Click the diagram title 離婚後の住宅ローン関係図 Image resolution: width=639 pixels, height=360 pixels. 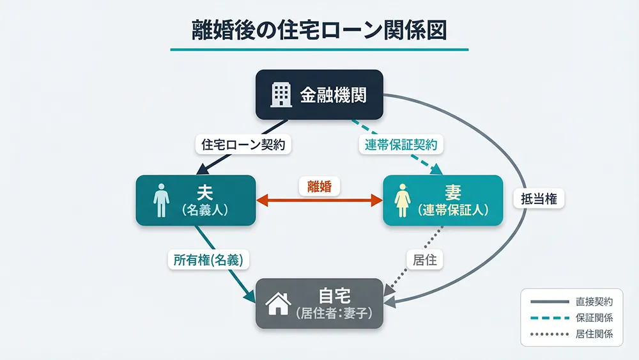[319, 31]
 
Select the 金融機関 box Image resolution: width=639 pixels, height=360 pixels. [319, 95]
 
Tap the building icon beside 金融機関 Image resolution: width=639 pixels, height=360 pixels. [281, 95]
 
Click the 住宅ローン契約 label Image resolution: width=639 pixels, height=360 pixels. [243, 145]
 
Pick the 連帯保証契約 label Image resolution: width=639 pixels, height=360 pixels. [401, 145]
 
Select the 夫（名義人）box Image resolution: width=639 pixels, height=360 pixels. [196, 200]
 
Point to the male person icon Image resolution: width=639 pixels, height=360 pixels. [160, 201]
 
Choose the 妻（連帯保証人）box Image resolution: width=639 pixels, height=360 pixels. [443, 200]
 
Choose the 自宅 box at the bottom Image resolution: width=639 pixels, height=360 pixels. [319, 304]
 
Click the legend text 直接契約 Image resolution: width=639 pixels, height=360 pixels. [594, 301]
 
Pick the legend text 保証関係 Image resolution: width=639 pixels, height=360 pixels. [594, 317]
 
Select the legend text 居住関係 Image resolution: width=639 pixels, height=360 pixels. [594, 333]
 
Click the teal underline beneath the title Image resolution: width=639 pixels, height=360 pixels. [319, 49]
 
